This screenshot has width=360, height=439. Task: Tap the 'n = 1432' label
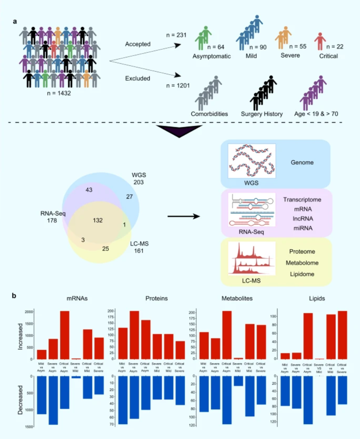59,93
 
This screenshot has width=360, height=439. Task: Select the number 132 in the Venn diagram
98,220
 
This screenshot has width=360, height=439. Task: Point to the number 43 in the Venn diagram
89,190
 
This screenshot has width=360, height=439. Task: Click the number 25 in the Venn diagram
106,248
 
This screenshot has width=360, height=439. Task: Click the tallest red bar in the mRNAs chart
64,335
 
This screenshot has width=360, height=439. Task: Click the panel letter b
14,296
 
